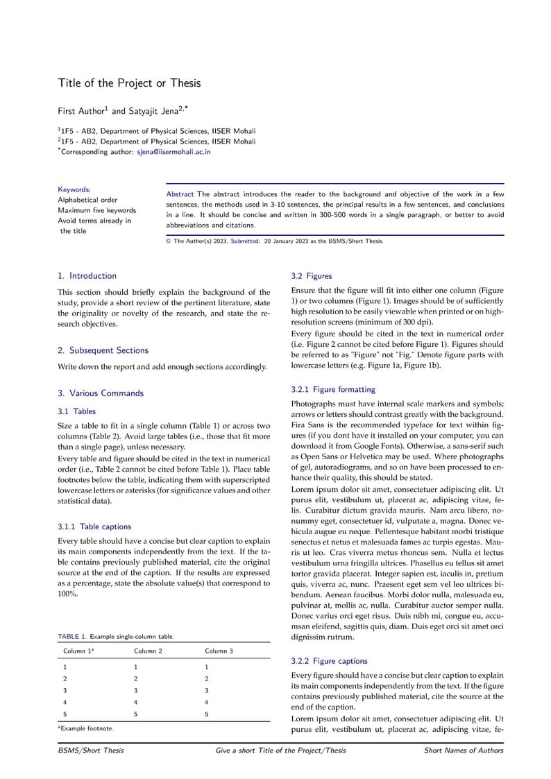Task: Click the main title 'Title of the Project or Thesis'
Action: [x=129, y=83]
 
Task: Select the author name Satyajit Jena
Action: [x=154, y=110]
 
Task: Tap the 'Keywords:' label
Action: [x=74, y=189]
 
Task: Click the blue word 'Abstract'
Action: [x=180, y=194]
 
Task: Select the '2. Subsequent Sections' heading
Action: [x=103, y=350]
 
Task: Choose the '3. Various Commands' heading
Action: [x=101, y=393]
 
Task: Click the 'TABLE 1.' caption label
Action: [x=72, y=636]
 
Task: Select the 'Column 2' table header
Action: [x=148, y=651]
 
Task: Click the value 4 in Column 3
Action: [x=207, y=702]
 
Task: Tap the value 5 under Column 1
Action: [x=65, y=714]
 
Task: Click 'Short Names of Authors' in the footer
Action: [x=464, y=751]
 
